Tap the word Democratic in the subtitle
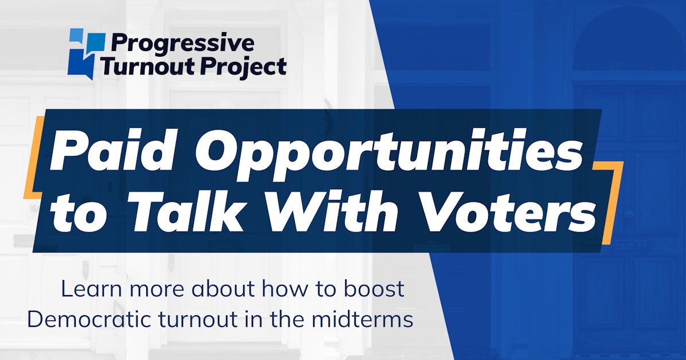pos(86,319)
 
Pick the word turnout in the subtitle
pos(192,319)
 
